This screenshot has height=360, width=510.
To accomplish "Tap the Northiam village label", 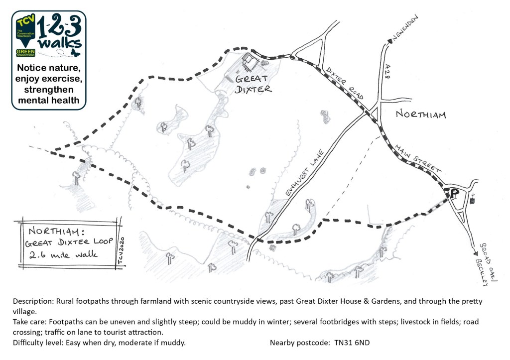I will pos(421,114).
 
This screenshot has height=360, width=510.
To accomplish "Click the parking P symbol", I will pos(454,193).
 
